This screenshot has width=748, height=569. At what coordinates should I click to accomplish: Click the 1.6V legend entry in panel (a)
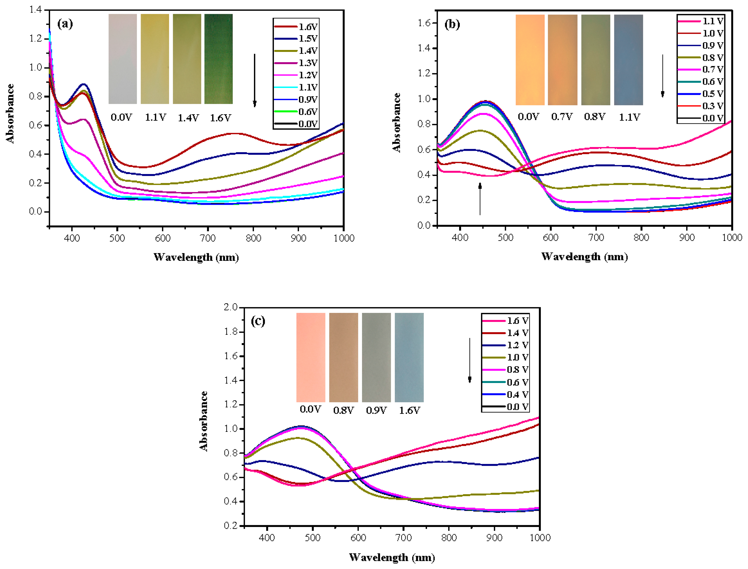click(296, 27)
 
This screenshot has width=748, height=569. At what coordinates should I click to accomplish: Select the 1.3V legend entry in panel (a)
click(296, 63)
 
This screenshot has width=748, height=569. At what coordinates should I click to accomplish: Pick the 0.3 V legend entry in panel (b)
click(700, 106)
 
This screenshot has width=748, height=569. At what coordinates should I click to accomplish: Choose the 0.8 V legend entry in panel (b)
click(700, 57)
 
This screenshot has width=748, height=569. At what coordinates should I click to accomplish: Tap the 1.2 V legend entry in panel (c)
click(505, 345)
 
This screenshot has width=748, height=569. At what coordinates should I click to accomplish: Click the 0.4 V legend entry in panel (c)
click(505, 395)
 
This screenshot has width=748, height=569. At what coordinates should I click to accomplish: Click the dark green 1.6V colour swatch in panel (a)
click(218, 59)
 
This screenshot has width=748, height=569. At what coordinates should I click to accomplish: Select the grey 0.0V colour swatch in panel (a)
click(123, 59)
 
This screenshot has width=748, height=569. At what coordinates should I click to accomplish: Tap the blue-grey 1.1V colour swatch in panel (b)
click(628, 60)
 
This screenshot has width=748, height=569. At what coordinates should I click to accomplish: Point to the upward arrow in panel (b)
click(480, 199)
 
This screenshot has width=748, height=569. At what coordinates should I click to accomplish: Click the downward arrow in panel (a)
click(255, 80)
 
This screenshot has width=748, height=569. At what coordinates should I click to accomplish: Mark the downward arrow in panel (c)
click(470, 360)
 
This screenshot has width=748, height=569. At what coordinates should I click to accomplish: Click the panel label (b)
click(452, 24)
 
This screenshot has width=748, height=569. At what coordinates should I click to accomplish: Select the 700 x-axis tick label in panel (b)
click(596, 237)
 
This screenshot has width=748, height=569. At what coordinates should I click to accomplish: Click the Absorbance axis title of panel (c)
click(204, 421)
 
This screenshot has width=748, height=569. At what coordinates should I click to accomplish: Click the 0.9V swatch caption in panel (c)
click(376, 410)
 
